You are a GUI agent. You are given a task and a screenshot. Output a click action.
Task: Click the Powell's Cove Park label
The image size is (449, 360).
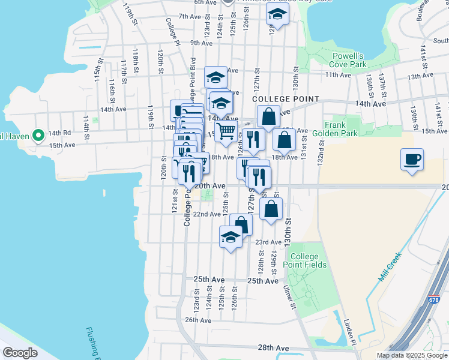pos(349,59)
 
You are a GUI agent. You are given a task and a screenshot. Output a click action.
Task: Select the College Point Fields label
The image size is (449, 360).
pos(308,260)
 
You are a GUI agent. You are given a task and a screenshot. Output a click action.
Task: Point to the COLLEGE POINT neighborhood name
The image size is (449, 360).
pos(286,99)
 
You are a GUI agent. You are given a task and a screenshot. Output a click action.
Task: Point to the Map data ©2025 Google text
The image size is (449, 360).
pos(412,355)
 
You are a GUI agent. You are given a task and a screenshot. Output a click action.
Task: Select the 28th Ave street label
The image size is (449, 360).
pos(273,348)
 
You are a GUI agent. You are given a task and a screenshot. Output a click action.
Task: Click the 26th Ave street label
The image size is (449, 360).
pos(198,320)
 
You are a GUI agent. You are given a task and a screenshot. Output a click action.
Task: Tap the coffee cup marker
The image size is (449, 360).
pos(412,159)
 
